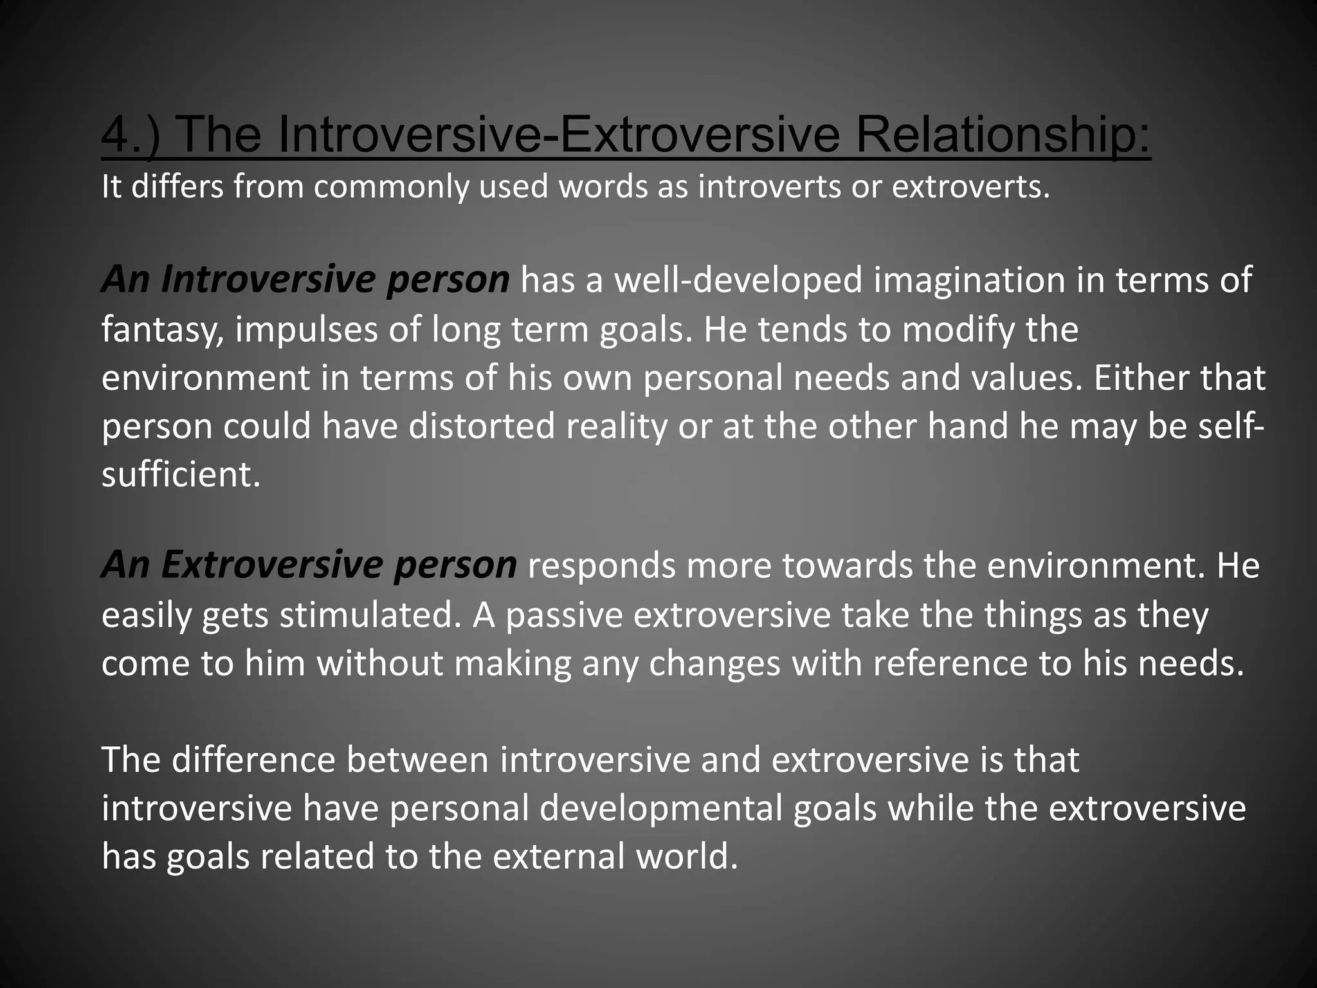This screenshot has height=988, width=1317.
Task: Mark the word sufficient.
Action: pos(181,475)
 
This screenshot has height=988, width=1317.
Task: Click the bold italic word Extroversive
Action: pos(273,565)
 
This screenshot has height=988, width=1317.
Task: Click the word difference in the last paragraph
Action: pos(253,760)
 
